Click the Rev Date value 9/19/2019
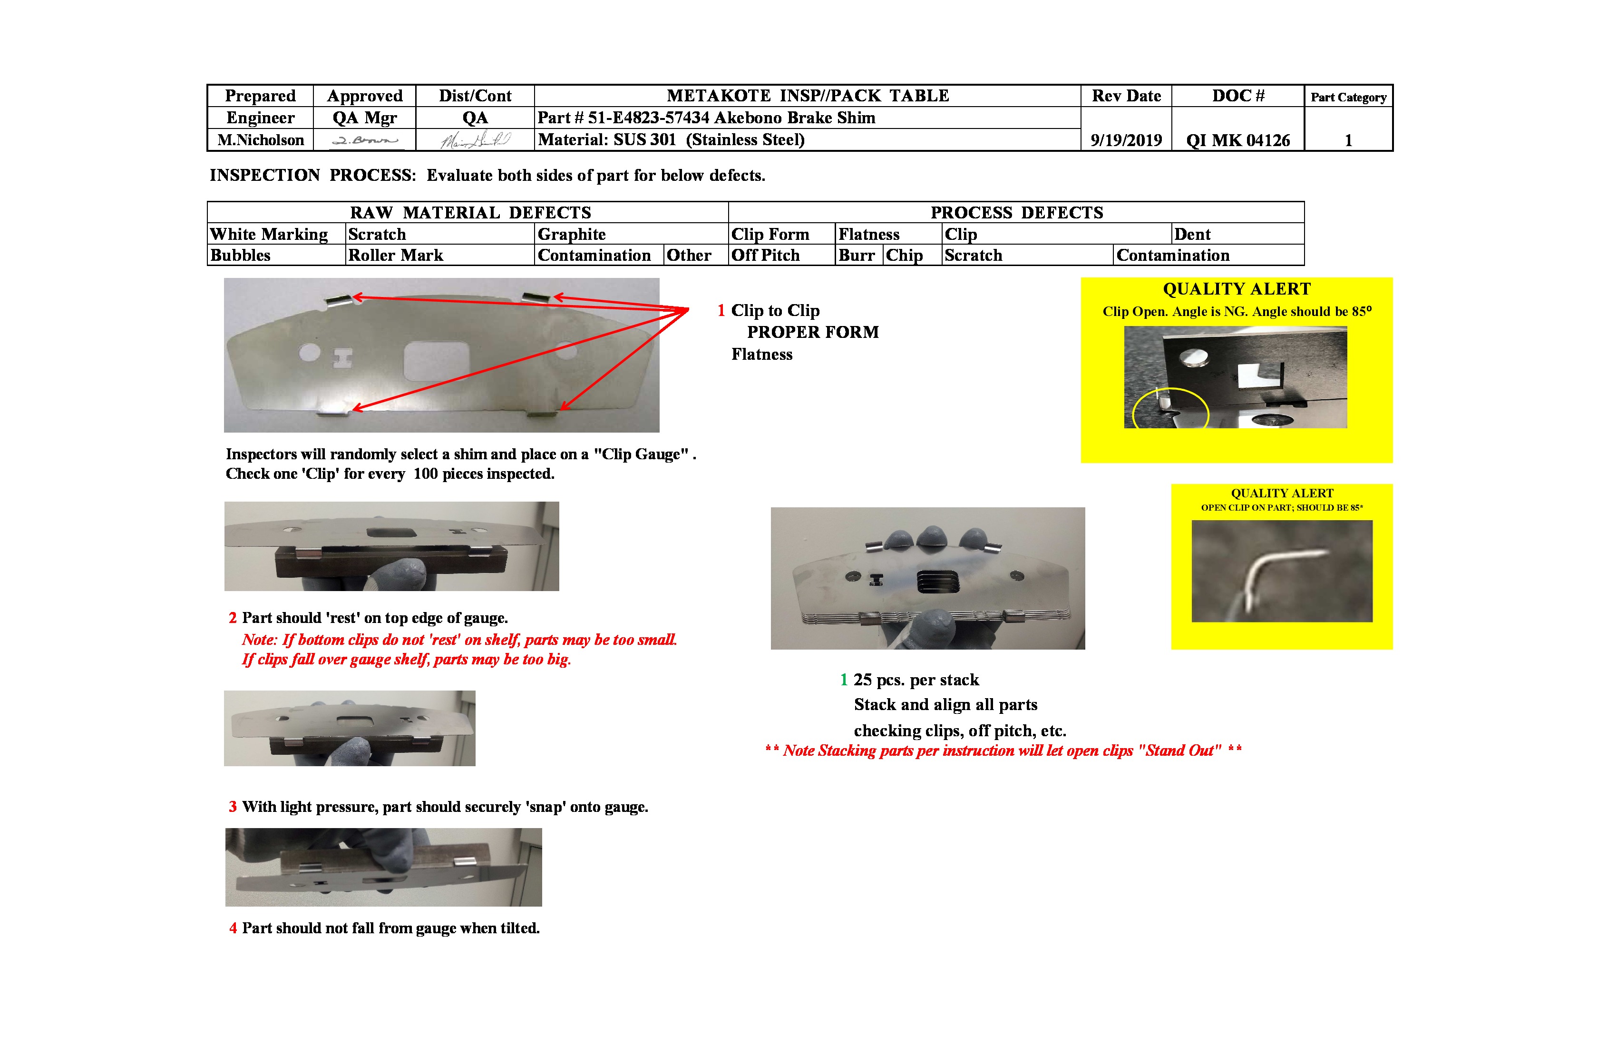coord(1126,140)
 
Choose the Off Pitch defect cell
coord(765,255)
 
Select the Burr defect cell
coord(856,255)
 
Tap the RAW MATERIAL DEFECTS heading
coord(470,212)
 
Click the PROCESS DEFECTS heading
coord(1016,212)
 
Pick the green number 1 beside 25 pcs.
coord(843,680)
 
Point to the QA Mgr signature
coord(365,140)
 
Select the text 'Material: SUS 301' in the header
coord(607,139)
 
